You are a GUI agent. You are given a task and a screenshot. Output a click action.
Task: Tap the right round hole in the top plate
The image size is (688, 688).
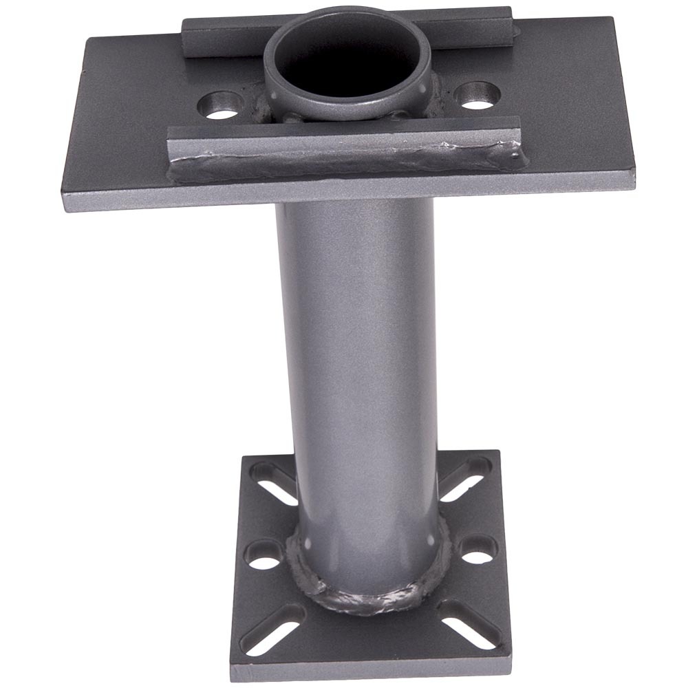point(477,95)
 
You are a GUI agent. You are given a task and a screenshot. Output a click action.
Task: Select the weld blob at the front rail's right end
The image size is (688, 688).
point(517,156)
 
